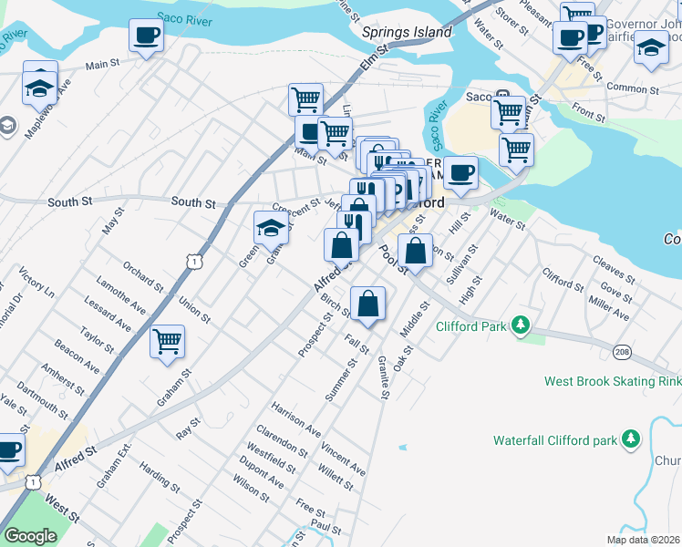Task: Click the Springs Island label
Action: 407,32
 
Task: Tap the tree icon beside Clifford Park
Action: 521,325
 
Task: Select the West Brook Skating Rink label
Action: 611,381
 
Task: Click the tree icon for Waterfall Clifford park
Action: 630,439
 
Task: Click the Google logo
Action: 30,536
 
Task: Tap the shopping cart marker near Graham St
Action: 167,343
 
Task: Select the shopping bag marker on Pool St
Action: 415,251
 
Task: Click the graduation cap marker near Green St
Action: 271,227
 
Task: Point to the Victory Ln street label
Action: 36,284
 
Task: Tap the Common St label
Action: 632,89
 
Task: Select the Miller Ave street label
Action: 608,308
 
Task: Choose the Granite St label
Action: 384,377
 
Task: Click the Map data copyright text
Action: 644,540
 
